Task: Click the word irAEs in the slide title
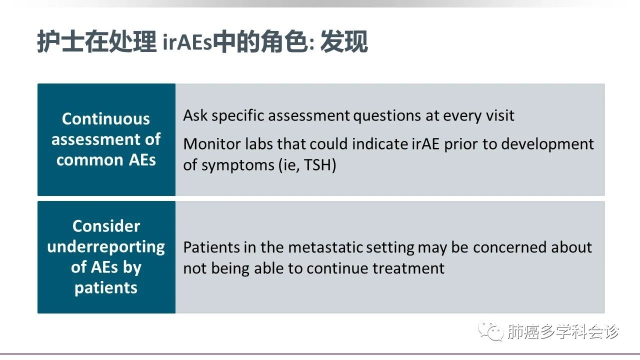click(187, 43)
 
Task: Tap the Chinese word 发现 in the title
click(344, 41)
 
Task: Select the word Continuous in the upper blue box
click(106, 119)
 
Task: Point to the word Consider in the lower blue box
click(106, 226)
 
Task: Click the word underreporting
click(106, 247)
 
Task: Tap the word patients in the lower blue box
click(106, 288)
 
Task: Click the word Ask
click(195, 115)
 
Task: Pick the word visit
click(501, 115)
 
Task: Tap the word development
click(547, 144)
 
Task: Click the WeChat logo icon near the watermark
click(491, 331)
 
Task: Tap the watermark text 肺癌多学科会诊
click(563, 331)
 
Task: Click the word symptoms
click(237, 165)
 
